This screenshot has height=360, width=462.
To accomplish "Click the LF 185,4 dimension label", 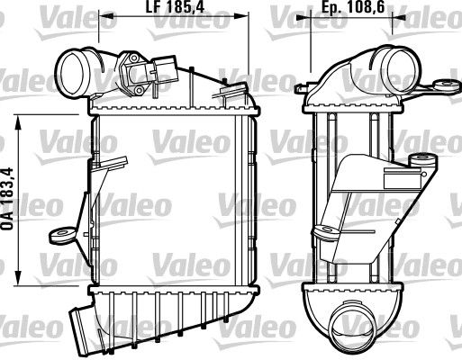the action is [175, 7].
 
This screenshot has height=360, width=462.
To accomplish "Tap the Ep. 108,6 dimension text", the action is [353, 7].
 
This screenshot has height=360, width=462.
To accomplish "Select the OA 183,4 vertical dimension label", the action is [7, 199].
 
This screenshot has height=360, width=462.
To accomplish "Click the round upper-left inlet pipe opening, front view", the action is [70, 72].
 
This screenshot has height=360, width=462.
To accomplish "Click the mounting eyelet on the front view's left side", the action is [61, 234].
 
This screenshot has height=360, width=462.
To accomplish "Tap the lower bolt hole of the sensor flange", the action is [139, 90].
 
